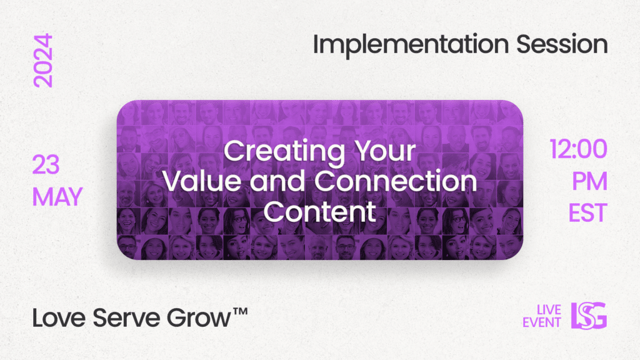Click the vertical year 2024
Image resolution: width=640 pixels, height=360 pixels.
click(43, 61)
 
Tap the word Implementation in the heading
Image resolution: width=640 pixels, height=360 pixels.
click(411, 44)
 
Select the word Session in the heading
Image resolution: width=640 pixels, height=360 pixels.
click(562, 44)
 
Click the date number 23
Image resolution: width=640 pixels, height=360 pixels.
click(46, 165)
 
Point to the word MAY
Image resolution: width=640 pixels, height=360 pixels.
click(57, 197)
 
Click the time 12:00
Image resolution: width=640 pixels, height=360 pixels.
click(578, 149)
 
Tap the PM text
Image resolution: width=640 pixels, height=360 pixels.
click(589, 181)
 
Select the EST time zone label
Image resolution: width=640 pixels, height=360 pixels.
click(587, 212)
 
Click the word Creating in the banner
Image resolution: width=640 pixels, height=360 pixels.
click(284, 152)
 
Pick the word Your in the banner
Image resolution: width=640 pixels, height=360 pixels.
click(385, 151)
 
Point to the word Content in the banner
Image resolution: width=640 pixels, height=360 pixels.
click(319, 211)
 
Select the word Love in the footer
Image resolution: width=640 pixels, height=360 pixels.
click(59, 318)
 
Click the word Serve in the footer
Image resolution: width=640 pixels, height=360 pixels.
click(127, 318)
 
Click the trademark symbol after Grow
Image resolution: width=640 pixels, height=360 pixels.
click(241, 311)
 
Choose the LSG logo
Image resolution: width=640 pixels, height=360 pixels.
click(589, 316)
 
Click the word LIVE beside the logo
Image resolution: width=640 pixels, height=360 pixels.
click(549, 310)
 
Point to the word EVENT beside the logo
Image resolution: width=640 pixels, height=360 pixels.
click(542, 322)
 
